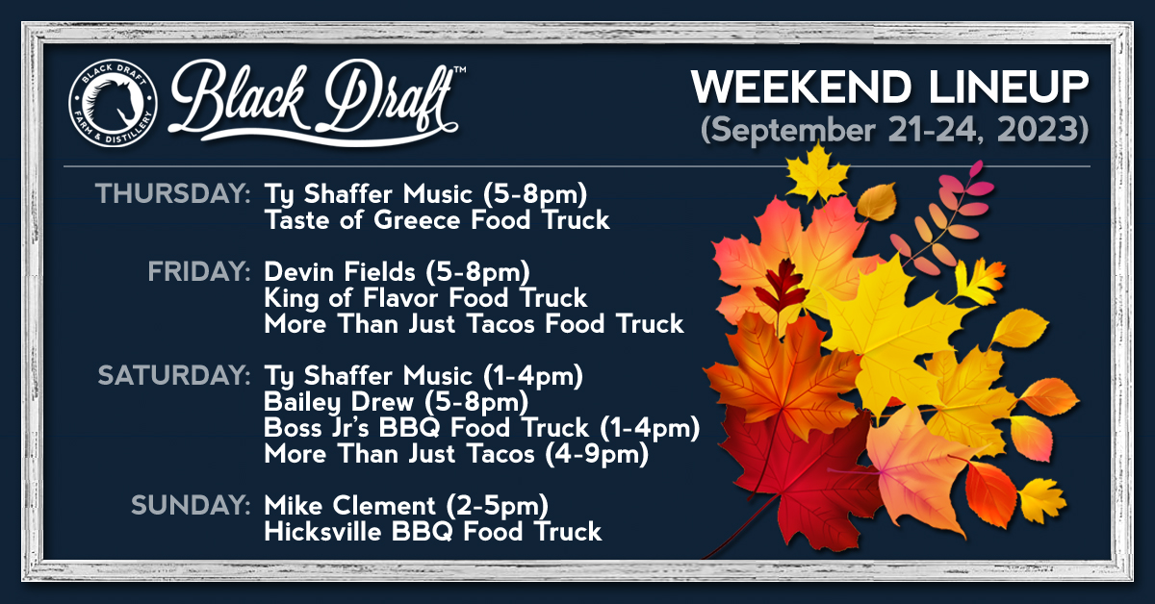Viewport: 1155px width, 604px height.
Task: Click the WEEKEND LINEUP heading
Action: pos(890,88)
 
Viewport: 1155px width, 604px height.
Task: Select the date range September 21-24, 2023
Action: pos(895,130)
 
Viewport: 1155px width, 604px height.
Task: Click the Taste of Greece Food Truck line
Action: pos(437,220)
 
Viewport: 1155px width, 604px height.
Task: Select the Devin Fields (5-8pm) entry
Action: pos(397,272)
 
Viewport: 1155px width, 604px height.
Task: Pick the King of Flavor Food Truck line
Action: pos(425,298)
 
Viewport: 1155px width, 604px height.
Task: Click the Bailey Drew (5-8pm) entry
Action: pos(394,402)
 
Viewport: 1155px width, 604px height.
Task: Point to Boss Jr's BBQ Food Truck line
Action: pos(481,428)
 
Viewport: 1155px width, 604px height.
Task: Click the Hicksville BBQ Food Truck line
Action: pos(433,531)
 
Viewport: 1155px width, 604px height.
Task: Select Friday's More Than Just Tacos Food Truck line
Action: pos(474,324)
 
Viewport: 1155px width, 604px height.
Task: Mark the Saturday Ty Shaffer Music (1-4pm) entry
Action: pos(423,376)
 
